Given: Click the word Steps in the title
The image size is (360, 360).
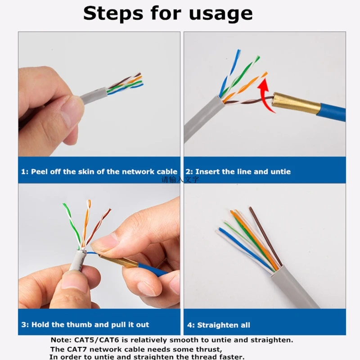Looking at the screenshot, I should pos(115,13).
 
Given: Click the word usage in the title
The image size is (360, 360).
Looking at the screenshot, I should pos(219,13).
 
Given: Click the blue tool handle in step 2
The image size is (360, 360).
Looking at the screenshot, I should pos(332,112).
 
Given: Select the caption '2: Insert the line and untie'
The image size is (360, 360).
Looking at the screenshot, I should pos(238,171).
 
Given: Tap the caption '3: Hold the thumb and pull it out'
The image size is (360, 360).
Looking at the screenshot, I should pos(85,324).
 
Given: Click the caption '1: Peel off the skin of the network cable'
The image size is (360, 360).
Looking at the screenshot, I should pos(99,171).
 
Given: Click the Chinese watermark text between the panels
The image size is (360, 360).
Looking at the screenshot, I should pos(180,180).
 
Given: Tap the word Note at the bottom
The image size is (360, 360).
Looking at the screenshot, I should pos(60,340).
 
